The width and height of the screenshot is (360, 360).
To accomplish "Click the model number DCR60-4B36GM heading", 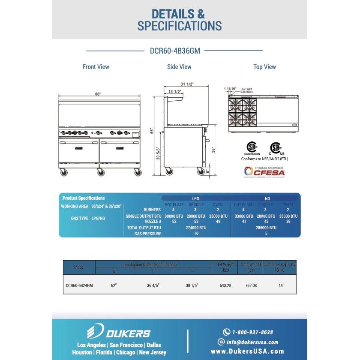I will tap(175, 51).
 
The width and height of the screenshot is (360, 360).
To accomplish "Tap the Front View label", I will tap(96, 67).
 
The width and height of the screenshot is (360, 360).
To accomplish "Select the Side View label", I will tap(179, 67).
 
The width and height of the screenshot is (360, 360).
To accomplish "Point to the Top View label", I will tap(264, 67).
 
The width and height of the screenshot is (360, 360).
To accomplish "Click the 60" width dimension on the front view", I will tap(98, 94).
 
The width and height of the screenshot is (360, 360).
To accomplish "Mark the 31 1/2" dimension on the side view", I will tap(187, 84).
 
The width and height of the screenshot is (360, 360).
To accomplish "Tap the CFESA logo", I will tap(264, 172).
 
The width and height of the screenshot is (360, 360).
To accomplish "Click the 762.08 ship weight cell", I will tap(249, 285).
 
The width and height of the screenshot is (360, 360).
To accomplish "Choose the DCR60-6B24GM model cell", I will tap(79, 285).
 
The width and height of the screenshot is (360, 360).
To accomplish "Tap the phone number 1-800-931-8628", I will tap(252, 332).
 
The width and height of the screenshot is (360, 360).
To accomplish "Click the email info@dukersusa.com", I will tap(252, 342).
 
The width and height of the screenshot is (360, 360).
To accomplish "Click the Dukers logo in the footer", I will tap(119, 332).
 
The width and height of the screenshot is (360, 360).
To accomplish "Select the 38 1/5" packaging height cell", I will tap(192, 285).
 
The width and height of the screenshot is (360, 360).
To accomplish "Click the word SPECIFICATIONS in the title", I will tap(180, 26).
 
